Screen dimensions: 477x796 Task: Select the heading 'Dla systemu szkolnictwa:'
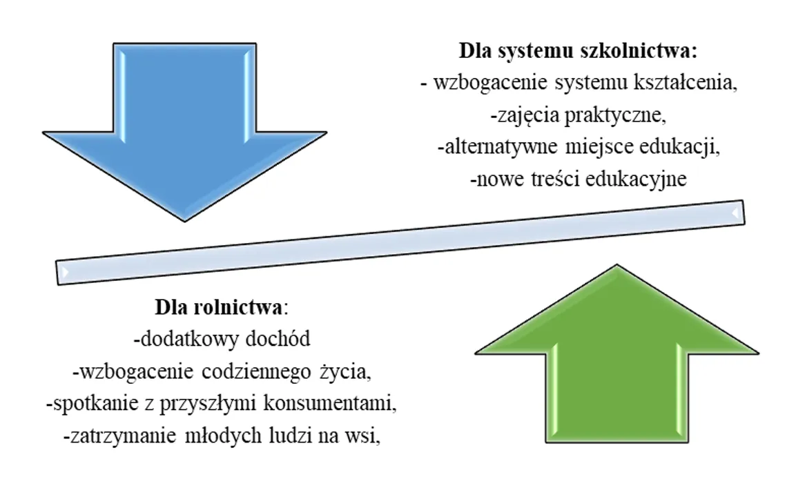click(x=578, y=52)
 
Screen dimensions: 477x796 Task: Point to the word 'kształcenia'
click(x=684, y=84)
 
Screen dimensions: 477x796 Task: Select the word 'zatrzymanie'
click(x=112, y=436)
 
